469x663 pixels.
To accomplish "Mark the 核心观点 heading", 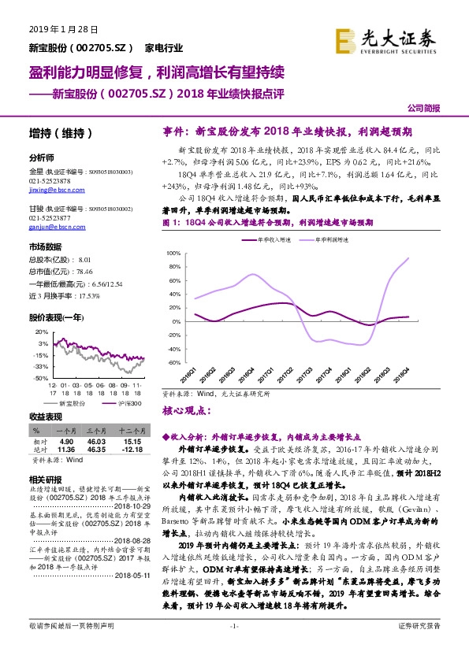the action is coord(188,410).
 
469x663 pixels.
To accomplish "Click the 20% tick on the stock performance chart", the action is coord(41,331).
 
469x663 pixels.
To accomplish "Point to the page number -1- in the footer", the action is coord(233,647).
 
